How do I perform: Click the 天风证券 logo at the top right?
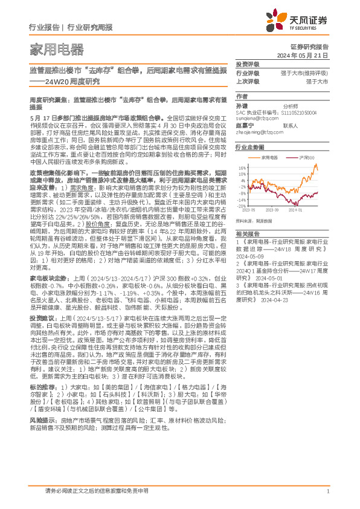coord(301,21)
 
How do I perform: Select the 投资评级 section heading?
coord(247,63)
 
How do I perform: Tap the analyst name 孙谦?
coord(242,105)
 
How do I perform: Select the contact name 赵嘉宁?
coord(244,126)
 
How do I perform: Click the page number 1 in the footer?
coord(327,491)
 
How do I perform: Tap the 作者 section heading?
coord(242,96)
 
